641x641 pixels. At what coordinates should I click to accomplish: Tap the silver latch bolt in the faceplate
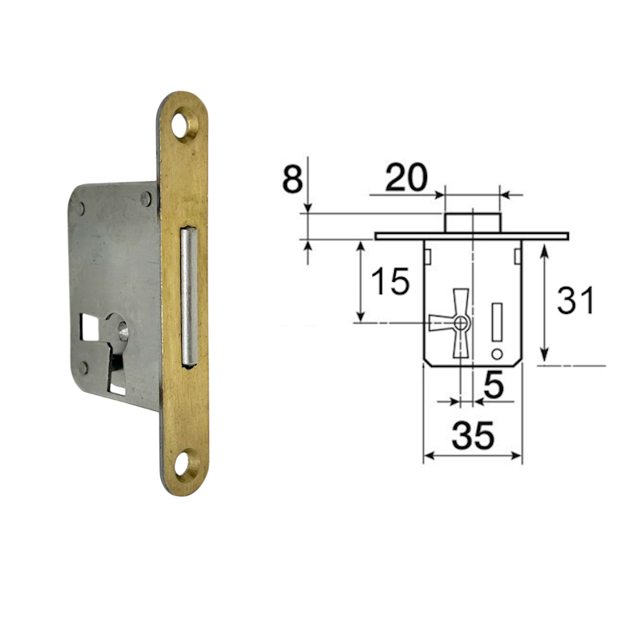click(x=189, y=296)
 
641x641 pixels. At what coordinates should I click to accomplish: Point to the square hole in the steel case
click(x=90, y=326)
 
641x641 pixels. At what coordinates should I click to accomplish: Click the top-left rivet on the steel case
click(x=80, y=208)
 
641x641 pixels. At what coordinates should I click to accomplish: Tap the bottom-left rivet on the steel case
click(x=83, y=368)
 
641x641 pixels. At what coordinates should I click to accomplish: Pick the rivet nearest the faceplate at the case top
click(x=146, y=199)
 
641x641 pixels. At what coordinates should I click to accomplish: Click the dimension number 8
click(x=292, y=178)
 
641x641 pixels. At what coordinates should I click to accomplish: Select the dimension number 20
click(x=406, y=178)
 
